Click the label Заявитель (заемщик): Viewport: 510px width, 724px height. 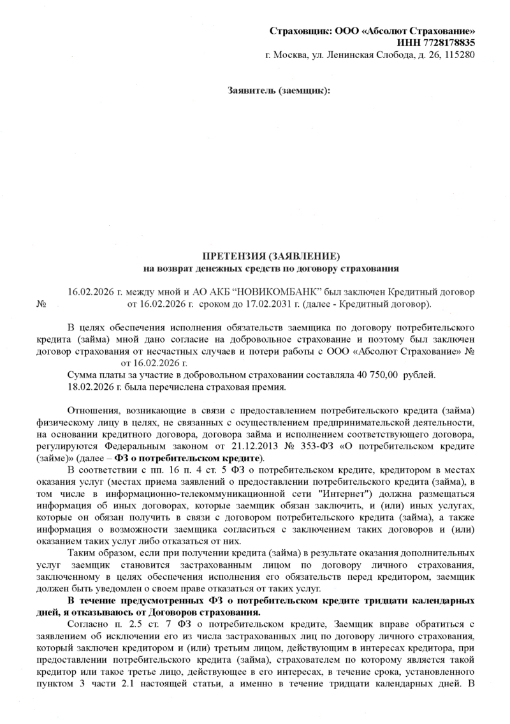point(279,91)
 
